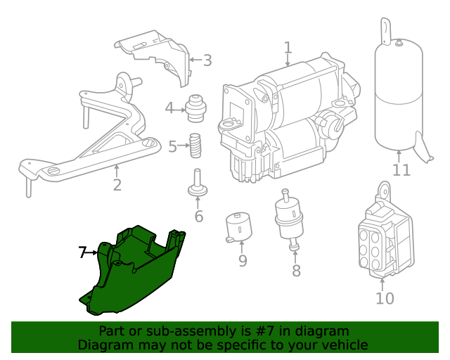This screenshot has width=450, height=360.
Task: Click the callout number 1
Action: click(x=288, y=48)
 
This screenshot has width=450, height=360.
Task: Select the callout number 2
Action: click(x=117, y=185)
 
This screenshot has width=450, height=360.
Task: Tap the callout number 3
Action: click(x=207, y=60)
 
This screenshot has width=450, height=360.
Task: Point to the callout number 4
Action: click(x=169, y=108)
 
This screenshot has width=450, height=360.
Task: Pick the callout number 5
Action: click(x=172, y=147)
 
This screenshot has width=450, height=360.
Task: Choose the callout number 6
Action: click(x=198, y=216)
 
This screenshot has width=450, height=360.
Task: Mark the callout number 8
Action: click(x=296, y=271)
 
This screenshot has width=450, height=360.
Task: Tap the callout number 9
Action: click(x=243, y=261)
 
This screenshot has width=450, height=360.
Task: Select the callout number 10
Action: click(x=385, y=298)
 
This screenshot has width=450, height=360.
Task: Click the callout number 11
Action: click(x=401, y=170)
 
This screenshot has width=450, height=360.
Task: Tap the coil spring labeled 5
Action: click(x=196, y=146)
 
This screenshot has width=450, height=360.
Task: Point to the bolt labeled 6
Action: click(x=198, y=182)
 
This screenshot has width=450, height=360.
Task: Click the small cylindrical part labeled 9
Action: click(x=239, y=226)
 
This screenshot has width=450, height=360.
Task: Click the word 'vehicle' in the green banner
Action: click(x=344, y=345)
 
